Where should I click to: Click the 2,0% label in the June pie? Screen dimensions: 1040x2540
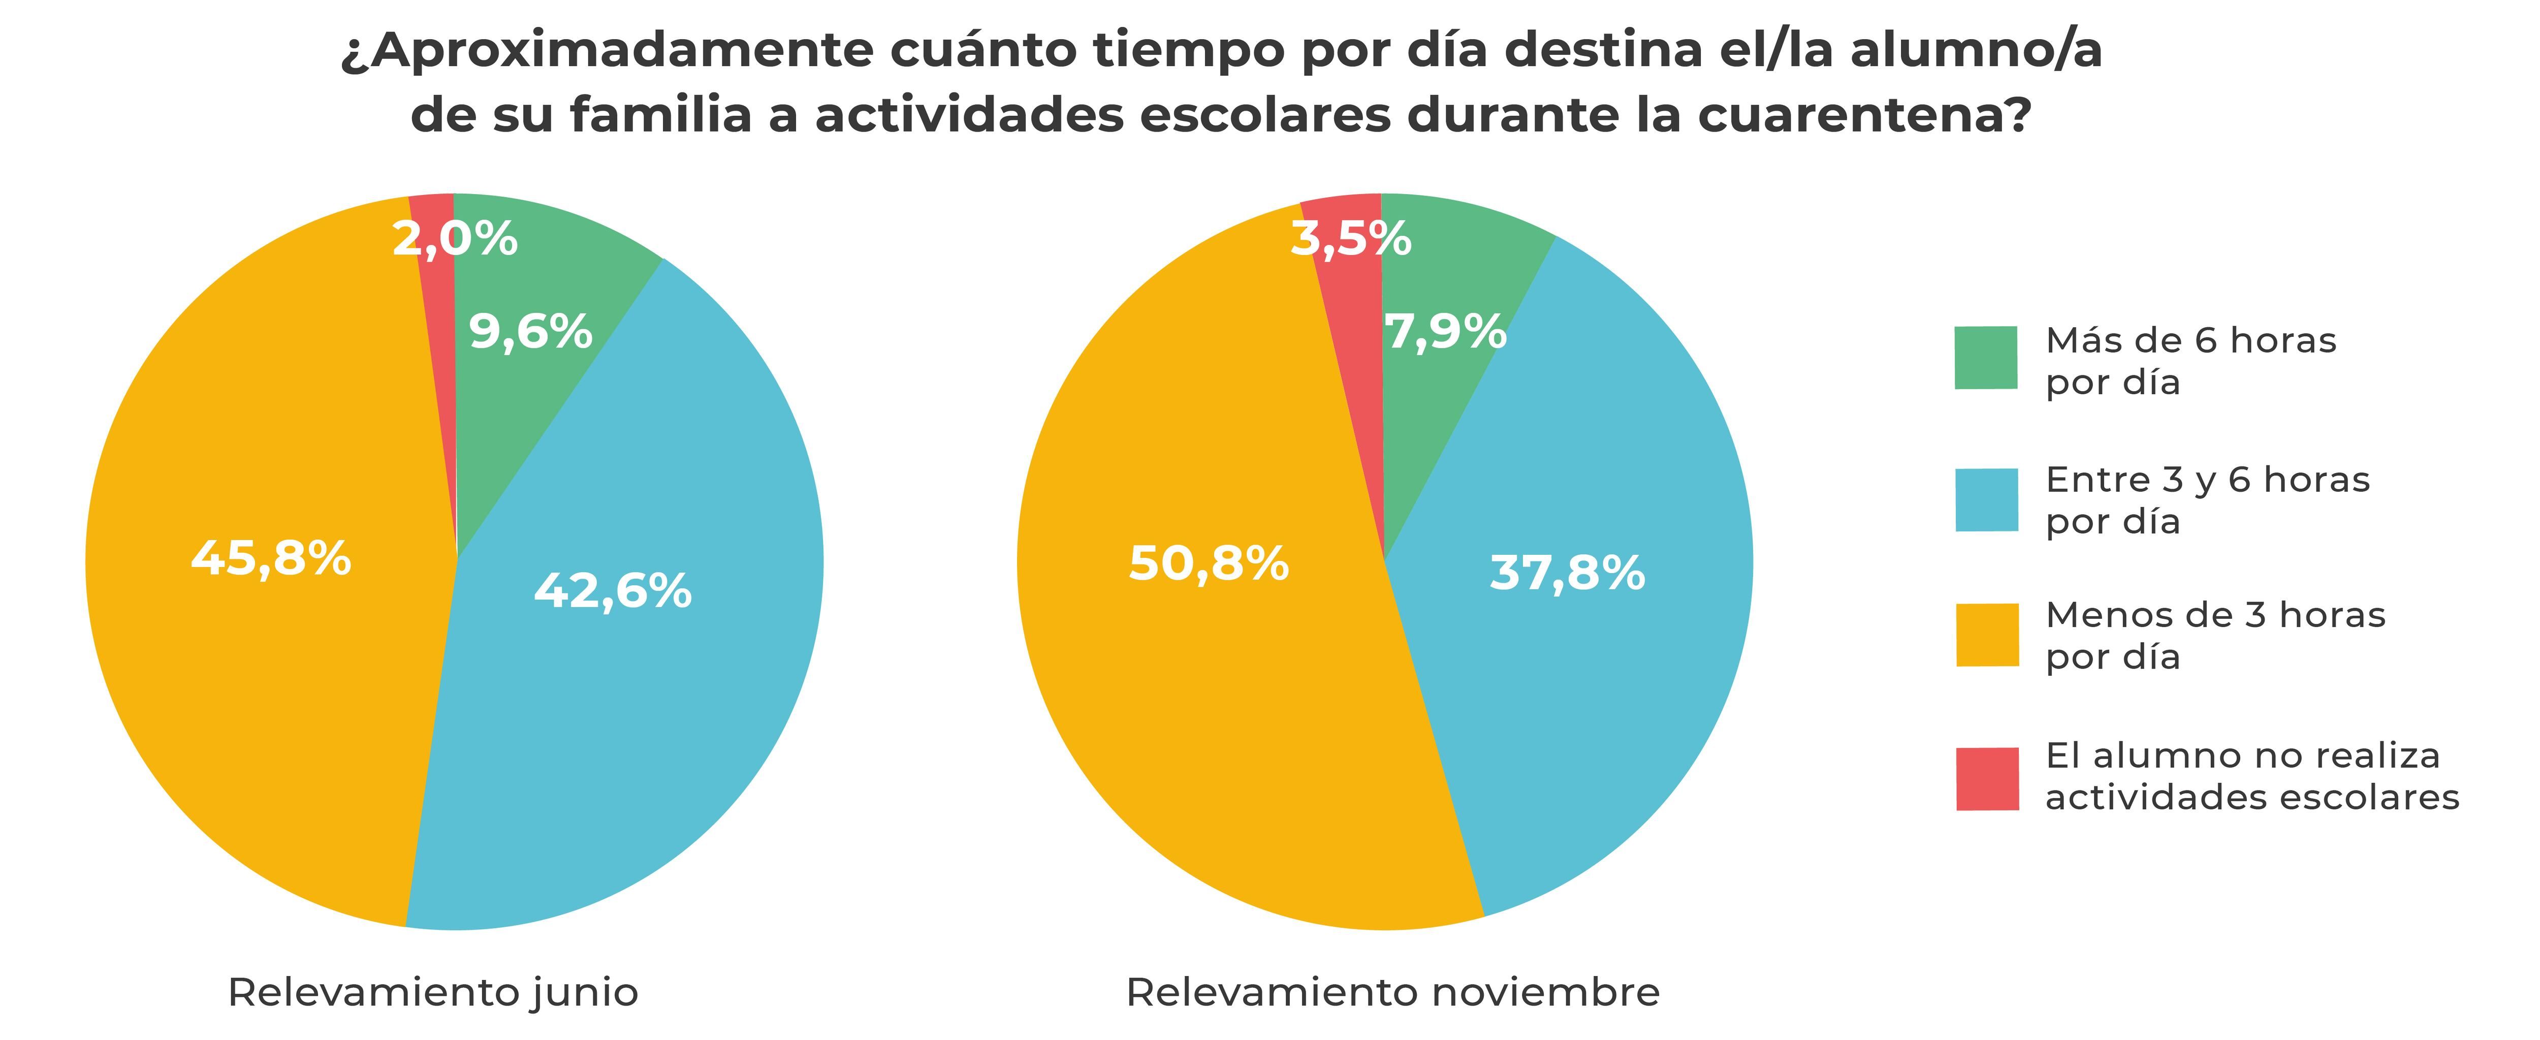455,239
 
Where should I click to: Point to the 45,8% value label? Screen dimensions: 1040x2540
271,558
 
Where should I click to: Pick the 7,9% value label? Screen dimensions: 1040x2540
1445,332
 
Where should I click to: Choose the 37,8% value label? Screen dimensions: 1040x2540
1567,573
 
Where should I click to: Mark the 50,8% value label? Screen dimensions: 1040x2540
1209,564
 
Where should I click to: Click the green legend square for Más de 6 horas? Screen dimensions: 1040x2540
1986,358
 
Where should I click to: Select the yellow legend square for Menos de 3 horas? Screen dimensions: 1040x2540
1986,635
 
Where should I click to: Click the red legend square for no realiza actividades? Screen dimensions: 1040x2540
1986,779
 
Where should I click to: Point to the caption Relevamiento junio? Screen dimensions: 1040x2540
433,993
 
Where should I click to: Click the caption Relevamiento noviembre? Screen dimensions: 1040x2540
1392,993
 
